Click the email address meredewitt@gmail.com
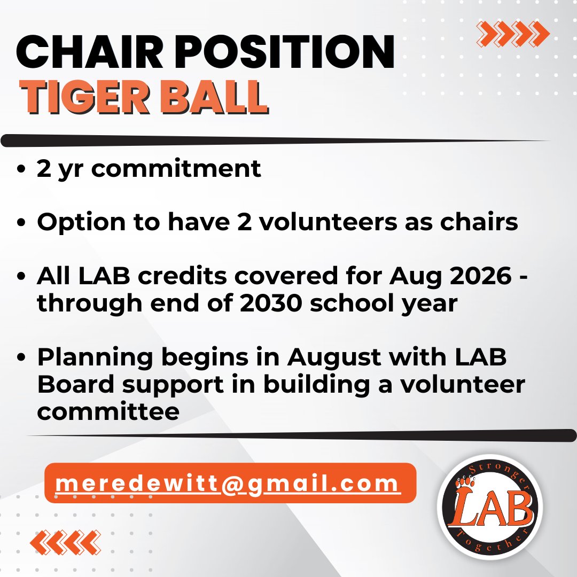point(228,484)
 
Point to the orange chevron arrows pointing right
point(512,34)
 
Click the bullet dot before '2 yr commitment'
point(21,169)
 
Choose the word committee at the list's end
point(108,411)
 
